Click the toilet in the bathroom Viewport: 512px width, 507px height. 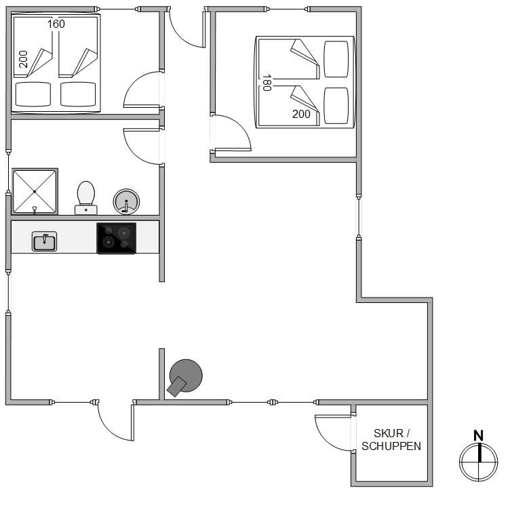(85, 197)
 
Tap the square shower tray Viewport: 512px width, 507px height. (35, 192)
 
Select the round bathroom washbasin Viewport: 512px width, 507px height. (125, 201)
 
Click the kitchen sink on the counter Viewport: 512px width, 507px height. (45, 241)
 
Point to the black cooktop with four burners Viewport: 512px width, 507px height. (116, 239)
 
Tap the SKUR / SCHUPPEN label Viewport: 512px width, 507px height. (391, 440)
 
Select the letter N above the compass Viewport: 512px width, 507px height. (478, 436)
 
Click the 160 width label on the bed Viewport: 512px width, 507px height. (56, 24)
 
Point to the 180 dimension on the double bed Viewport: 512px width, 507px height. (267, 83)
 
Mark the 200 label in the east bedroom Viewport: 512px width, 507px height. (301, 114)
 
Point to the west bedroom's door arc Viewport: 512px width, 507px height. (142, 89)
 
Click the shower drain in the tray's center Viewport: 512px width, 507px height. (35, 192)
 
